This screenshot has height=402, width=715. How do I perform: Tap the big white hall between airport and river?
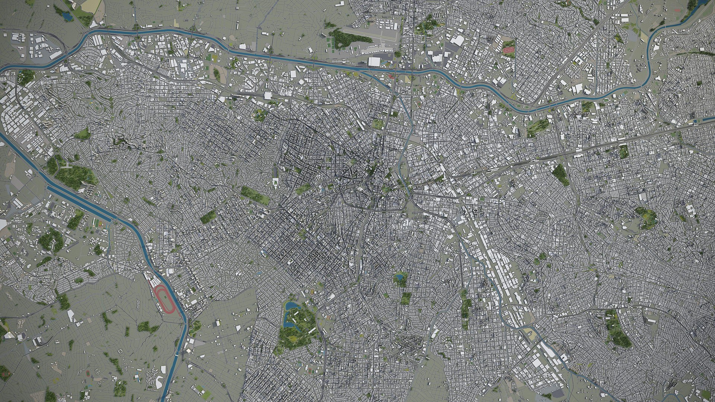pos(375,62)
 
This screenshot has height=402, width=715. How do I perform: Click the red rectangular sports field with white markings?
pos(509,49)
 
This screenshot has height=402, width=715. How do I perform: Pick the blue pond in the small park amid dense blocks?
pos(400,277)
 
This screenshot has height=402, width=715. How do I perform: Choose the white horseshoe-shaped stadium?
pos(275,182)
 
